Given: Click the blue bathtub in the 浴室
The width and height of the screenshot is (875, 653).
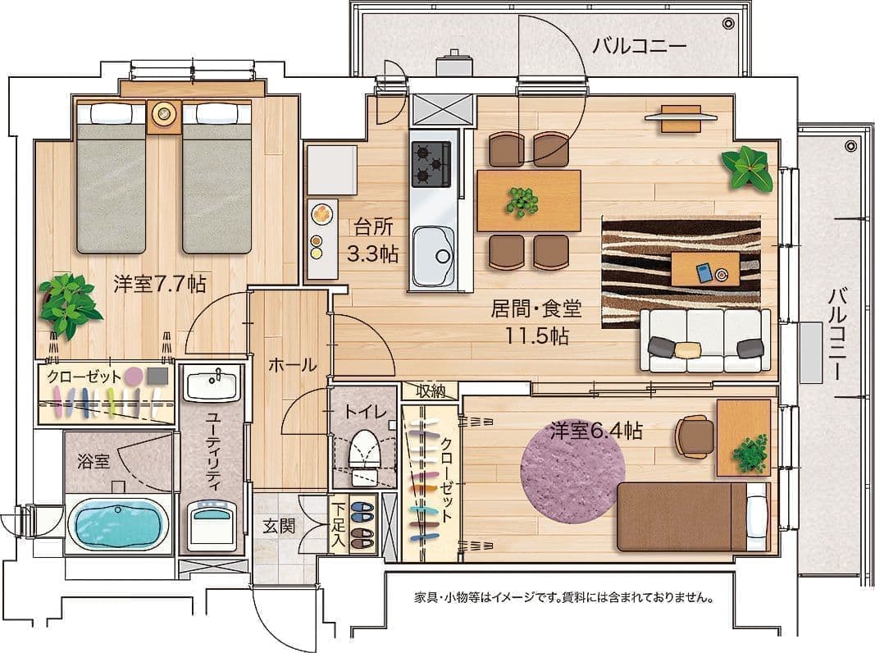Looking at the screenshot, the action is pos(118,525).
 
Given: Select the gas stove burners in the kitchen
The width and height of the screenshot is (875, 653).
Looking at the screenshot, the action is pos(431,163).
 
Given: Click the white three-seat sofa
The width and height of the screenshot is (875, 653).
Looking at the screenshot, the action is pos(705,340).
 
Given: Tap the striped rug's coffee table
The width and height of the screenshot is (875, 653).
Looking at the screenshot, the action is pos(706,268).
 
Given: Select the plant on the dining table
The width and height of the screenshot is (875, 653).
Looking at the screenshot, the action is pos(522,202).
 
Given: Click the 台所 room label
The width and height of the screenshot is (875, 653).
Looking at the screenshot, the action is pos(373,227).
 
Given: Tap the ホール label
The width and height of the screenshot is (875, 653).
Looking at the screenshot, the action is pos(293,365).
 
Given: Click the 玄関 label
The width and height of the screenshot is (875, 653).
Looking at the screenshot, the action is pos(279,526).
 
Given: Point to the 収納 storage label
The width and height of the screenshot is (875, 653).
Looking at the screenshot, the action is pos(431,391).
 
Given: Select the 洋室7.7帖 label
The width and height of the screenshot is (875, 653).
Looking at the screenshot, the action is pos(160,284).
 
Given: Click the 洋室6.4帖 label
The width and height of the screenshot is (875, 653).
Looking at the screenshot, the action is pos(596,431).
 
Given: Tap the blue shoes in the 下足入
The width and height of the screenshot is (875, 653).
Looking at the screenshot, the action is pos(365,508).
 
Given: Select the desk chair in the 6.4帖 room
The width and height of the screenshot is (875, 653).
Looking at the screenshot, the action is pos(695,436).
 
